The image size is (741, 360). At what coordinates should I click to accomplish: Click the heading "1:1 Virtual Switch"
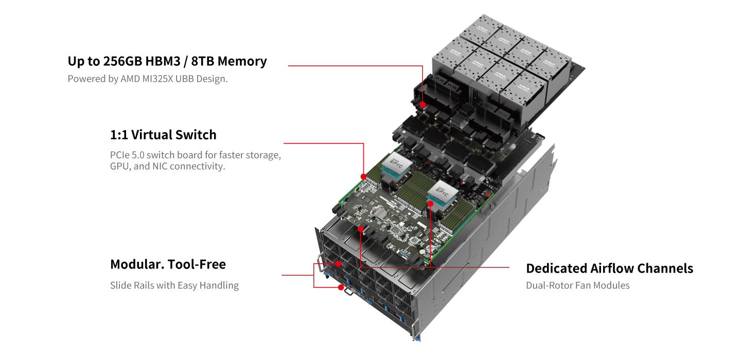click(163, 135)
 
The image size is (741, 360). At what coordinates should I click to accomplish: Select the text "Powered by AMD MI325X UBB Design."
click(148, 79)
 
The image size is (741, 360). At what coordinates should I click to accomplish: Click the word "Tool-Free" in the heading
click(197, 264)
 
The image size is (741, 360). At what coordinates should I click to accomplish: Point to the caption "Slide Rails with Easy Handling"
click(174, 285)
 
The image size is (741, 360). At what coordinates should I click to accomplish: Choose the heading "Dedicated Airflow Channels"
click(609, 268)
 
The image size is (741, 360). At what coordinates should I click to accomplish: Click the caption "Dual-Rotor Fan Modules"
click(577, 285)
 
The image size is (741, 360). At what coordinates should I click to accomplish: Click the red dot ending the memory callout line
click(422, 104)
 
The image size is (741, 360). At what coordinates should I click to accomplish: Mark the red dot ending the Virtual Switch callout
click(363, 176)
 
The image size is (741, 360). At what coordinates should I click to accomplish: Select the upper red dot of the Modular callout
click(338, 263)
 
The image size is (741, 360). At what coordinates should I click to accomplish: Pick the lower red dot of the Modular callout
click(341, 287)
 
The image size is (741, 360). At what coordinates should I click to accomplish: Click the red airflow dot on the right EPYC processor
click(430, 204)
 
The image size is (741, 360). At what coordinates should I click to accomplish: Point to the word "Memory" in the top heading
click(242, 62)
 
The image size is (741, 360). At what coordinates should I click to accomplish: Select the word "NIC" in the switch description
click(160, 166)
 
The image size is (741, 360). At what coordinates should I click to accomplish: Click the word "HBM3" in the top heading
click(163, 62)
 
